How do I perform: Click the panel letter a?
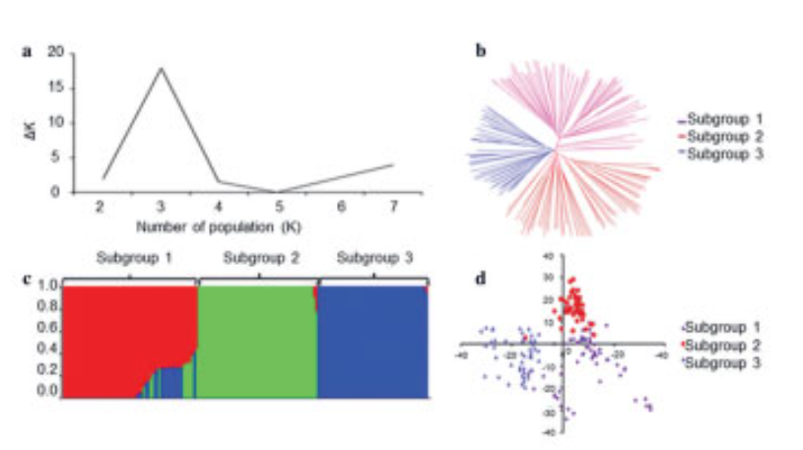tap(27, 52)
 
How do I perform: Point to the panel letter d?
tap(481, 279)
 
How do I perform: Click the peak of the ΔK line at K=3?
tap(161, 68)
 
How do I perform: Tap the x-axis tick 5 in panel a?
tap(280, 204)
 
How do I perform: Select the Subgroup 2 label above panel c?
tap(257, 259)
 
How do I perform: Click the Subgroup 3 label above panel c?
tap(371, 259)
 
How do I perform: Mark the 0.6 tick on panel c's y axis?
tap(46, 328)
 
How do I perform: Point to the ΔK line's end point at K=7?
tap(394, 164)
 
